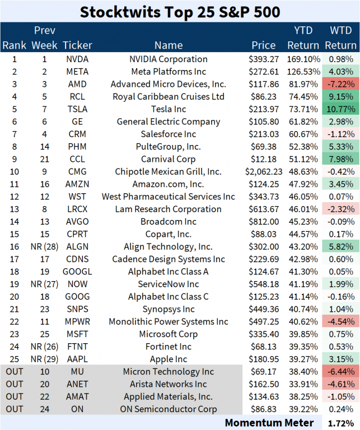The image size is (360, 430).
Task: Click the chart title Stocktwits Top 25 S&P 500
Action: [x=180, y=11]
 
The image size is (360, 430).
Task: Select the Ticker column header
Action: [x=77, y=45]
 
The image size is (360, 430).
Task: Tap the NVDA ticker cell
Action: [x=77, y=59]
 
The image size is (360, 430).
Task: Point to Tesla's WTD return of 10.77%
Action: [x=340, y=109]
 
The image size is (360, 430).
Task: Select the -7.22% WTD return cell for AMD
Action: [x=340, y=84]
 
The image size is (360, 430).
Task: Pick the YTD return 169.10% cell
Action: [x=303, y=59]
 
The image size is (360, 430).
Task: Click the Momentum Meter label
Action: [x=269, y=422]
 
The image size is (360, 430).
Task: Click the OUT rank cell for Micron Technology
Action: [x=15, y=372]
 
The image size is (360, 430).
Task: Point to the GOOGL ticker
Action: [x=77, y=272]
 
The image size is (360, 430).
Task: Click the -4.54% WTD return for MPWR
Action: [x=340, y=322]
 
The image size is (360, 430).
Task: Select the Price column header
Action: [x=263, y=45]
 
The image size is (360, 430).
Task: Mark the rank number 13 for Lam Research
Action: [x=15, y=209]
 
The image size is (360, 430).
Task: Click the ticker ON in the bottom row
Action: [x=77, y=409]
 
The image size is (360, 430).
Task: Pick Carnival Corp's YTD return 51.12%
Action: [x=303, y=160]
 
